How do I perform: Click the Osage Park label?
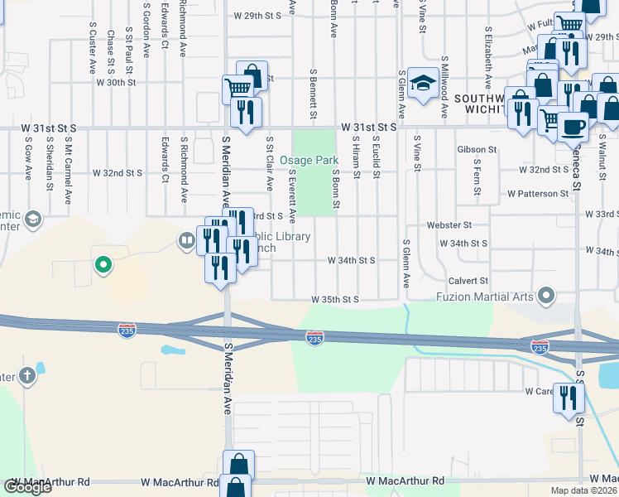[x=309, y=160]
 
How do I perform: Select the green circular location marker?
[x=103, y=265]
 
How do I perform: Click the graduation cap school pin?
[x=423, y=83]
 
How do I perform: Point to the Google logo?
[x=28, y=486]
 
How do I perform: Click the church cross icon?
[x=26, y=376]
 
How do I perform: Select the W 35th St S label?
[x=335, y=299]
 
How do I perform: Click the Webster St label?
[x=449, y=224]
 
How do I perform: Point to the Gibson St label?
[x=476, y=150]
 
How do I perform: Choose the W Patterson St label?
[x=537, y=194]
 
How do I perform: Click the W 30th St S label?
[x=116, y=83]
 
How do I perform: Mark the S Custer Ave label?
[x=92, y=48]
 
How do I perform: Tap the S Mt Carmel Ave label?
[x=70, y=166]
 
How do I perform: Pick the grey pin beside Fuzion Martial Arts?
[x=545, y=295]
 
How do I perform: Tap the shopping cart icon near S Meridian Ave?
[x=238, y=86]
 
